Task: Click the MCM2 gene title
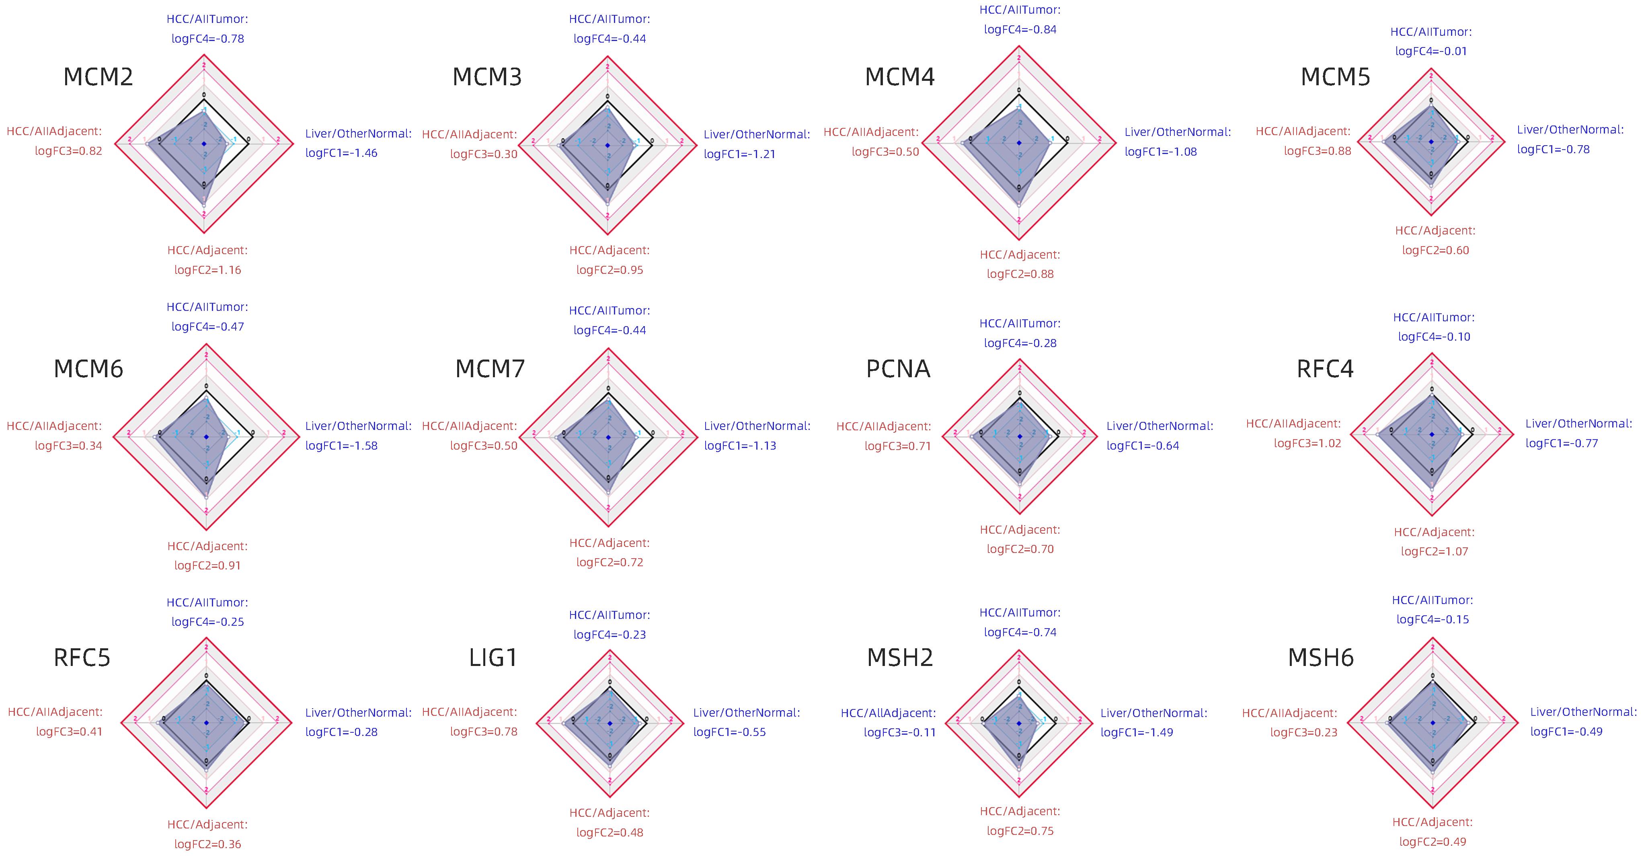point(99,77)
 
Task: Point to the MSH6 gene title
point(1321,658)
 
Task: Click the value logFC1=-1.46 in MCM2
point(341,153)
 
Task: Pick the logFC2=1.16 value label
point(208,270)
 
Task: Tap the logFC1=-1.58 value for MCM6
point(341,446)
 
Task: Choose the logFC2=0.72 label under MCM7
point(610,562)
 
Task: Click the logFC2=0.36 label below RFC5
point(208,844)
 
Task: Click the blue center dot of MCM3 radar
point(608,146)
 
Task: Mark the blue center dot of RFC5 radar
point(206,723)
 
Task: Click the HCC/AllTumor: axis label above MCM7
point(610,310)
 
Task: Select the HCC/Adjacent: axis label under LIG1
point(610,813)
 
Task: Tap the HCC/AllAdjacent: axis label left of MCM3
point(469,135)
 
